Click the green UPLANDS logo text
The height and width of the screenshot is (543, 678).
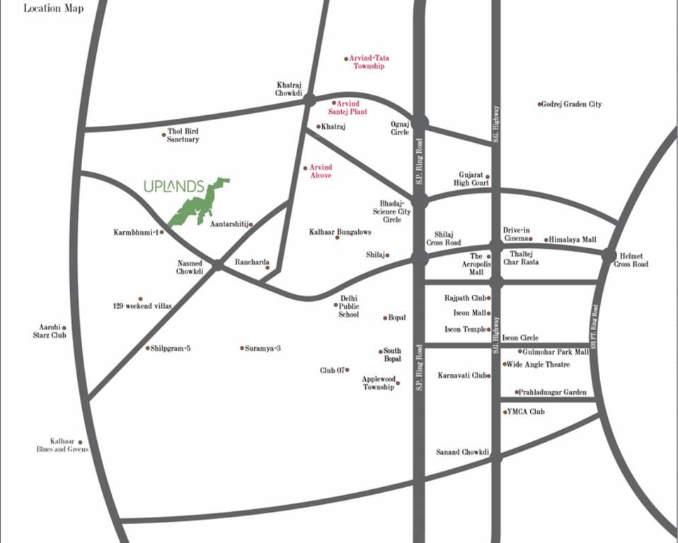pos(173,187)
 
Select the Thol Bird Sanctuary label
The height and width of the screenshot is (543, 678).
pos(183,135)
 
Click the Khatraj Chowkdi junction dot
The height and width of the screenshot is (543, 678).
pos(309,100)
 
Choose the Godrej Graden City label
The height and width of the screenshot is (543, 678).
pos(572,104)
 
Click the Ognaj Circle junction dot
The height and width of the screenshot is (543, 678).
pos(420,123)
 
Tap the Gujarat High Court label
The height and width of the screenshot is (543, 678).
pos(471,178)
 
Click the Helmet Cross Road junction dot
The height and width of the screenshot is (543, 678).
pos(609,255)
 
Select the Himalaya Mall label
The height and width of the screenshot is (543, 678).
pos(573,240)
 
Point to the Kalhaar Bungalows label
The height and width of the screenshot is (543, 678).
pos(340,232)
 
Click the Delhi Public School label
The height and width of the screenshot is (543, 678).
pos(348,306)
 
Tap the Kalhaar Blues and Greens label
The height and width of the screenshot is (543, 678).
pos(62,445)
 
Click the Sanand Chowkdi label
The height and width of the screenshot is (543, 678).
pos(460,452)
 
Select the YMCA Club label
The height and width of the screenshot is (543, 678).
pos(526,411)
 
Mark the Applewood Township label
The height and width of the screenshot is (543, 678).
pos(379,383)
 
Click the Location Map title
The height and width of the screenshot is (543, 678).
pos(53,8)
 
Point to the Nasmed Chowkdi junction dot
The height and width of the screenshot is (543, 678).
pos(217,265)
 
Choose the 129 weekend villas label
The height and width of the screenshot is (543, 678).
pos(142,306)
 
